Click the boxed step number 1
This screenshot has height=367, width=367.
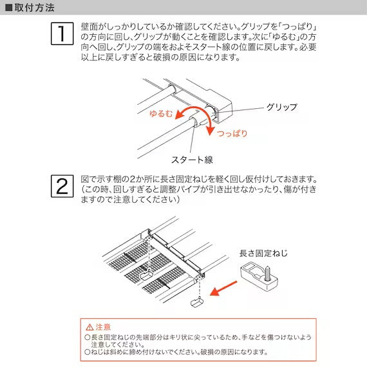point(61,33)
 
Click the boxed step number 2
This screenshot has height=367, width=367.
point(61,186)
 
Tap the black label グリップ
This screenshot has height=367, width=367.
point(281,106)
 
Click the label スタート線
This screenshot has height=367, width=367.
point(192,159)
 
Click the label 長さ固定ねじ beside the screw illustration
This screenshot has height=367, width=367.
point(263,253)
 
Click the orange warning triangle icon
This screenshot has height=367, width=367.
point(89,327)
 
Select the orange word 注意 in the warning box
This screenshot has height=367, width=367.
point(103,327)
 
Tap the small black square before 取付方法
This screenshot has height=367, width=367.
point(8,8)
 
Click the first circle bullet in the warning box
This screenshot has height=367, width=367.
point(88,337)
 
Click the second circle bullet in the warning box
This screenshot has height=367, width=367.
point(88,352)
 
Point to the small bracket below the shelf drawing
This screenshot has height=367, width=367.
point(197,300)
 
